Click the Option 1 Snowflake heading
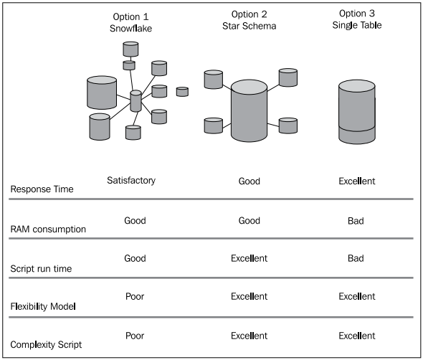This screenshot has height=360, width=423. pos(130,22)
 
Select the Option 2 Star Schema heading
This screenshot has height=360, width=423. pos(249,20)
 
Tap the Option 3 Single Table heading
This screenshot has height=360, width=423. pos(357,19)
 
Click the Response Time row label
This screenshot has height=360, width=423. pos(42,189)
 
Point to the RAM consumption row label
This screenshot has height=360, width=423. pos(48,229)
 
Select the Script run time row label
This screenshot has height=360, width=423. pos(41,268)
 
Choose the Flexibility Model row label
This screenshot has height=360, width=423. pos(43,306)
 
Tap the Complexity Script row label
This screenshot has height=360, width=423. pos(46,345)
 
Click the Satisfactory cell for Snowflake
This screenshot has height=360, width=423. pos(131,180)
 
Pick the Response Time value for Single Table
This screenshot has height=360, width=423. pos(357,181)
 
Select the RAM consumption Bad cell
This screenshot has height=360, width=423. pos(356,221)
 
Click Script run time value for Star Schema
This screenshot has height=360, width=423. pos(249,258)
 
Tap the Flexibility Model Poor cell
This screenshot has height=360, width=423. pos(135,296)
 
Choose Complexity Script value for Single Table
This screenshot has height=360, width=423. pos(357,336)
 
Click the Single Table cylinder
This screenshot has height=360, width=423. pos(357,112)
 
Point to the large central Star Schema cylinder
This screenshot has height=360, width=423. pos(249,110)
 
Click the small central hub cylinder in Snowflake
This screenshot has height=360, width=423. pos(136,101)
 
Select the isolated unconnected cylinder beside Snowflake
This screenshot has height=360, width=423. pos(182,92)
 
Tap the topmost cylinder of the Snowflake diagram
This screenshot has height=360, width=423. pos(130,49)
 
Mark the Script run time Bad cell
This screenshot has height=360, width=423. pos(356,258)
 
